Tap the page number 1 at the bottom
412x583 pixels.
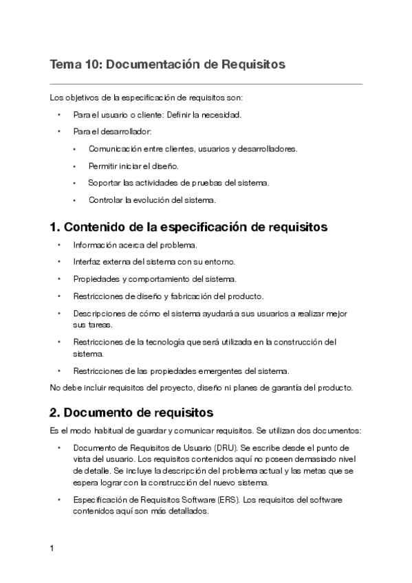[52, 549]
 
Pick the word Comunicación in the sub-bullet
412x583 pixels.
[115, 148]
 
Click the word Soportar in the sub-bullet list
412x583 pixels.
[103, 183]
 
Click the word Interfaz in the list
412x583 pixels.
[86, 262]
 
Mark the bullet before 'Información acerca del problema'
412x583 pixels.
[59, 245]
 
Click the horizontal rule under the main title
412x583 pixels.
[206, 84]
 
